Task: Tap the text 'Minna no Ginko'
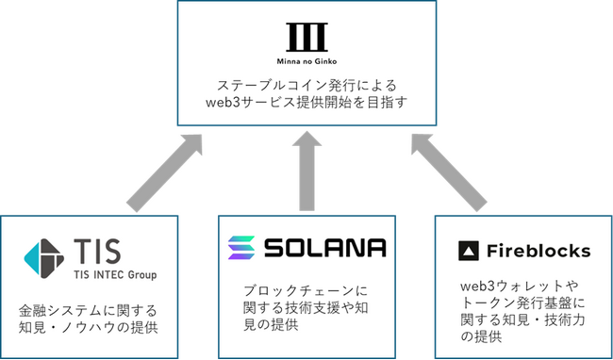click(x=306, y=57)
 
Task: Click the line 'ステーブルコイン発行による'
click(x=306, y=83)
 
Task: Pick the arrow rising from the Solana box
click(x=306, y=171)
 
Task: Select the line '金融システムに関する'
click(x=89, y=308)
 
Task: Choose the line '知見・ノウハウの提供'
click(x=89, y=327)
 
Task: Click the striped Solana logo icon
click(x=241, y=248)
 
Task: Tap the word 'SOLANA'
click(x=325, y=248)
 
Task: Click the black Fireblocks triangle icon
click(x=469, y=251)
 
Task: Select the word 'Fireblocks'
click(x=538, y=251)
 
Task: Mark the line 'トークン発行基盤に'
click(x=517, y=300)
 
